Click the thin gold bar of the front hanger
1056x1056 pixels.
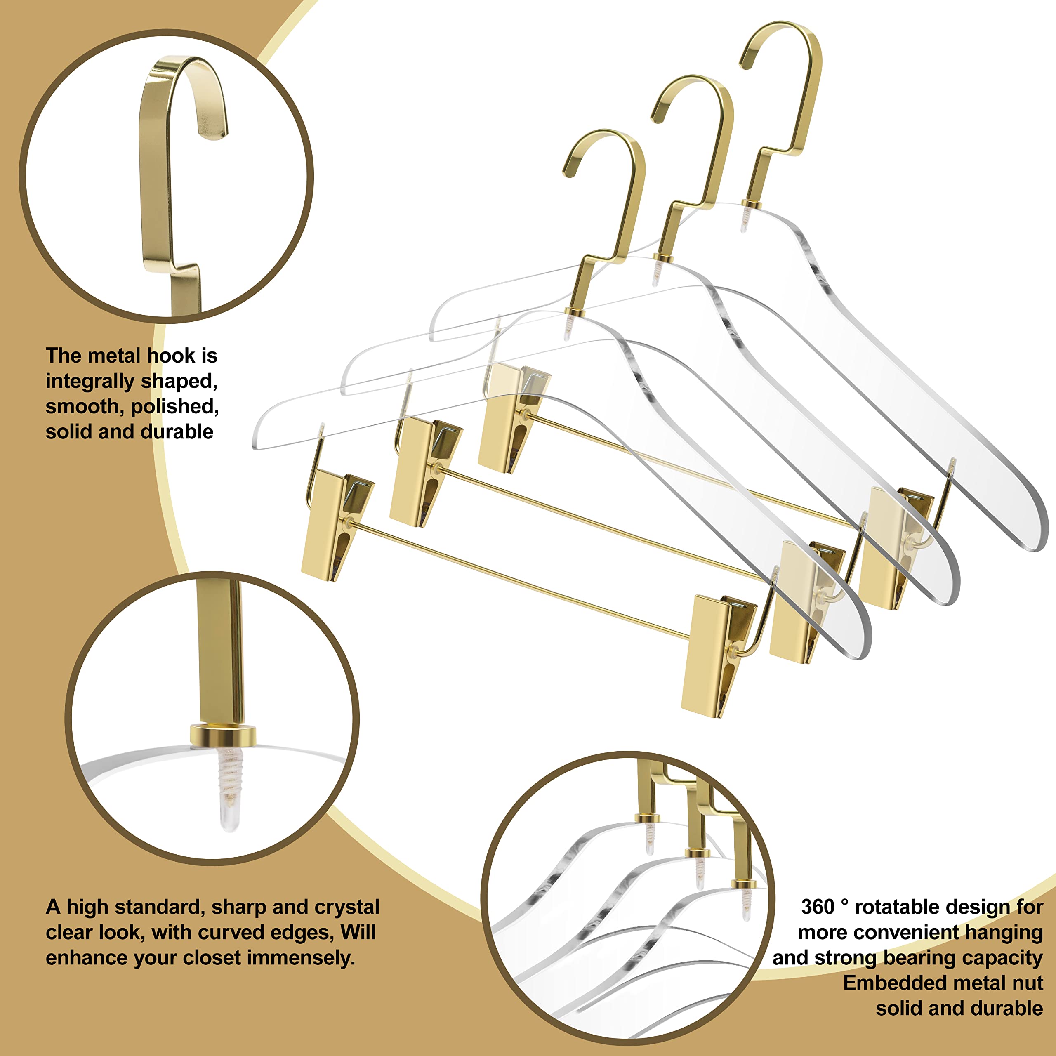click(519, 580)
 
